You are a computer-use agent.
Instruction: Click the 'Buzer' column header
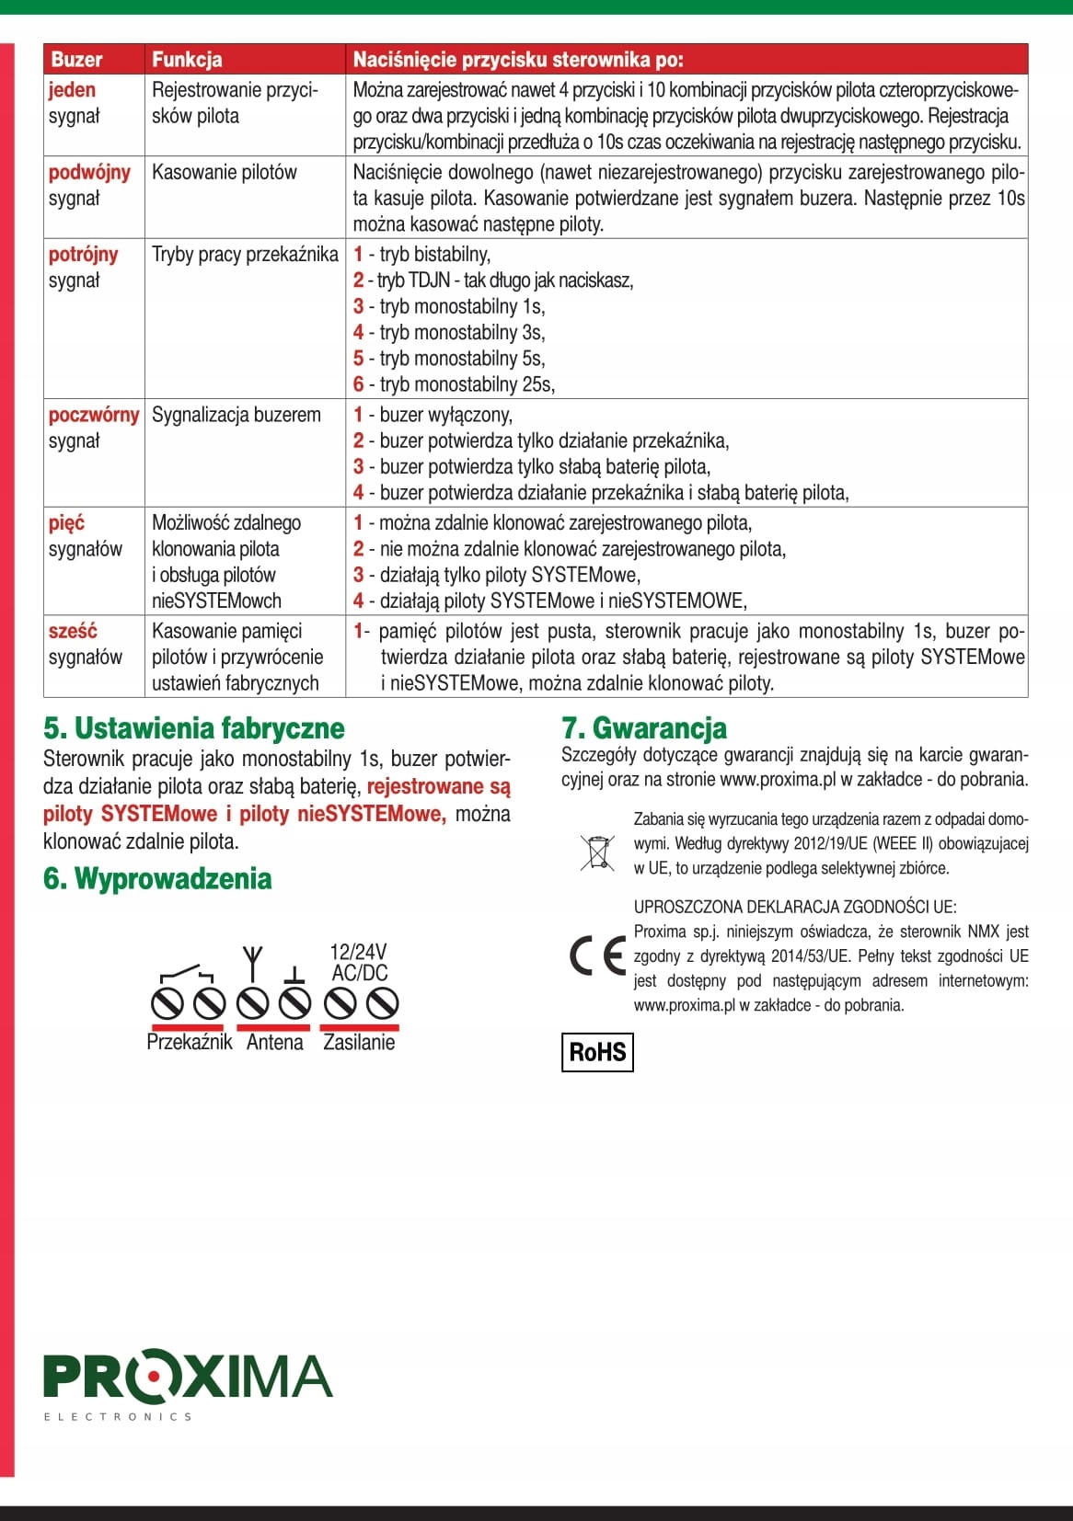pyautogui.click(x=76, y=60)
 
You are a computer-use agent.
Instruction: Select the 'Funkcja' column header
pyautogui.click(x=187, y=60)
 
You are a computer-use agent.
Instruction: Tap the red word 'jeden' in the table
pyautogui.click(x=73, y=90)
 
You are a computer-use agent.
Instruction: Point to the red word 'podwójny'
pyautogui.click(x=89, y=173)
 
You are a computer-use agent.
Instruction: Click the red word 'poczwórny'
pyautogui.click(x=94, y=415)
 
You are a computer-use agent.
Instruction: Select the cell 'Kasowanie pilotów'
pyautogui.click(x=225, y=173)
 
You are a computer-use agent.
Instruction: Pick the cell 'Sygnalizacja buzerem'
pyautogui.click(x=237, y=415)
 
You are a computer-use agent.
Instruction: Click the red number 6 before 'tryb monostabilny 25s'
pyautogui.click(x=359, y=384)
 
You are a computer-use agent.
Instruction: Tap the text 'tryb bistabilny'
pyautogui.click(x=434, y=255)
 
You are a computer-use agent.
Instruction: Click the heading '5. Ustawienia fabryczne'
pyautogui.click(x=194, y=728)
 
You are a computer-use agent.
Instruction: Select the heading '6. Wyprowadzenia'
pyautogui.click(x=157, y=879)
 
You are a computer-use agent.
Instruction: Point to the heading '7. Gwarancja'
pyautogui.click(x=644, y=728)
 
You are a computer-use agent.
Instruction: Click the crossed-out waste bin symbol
pyautogui.click(x=597, y=852)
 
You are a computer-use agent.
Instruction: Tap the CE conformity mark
pyautogui.click(x=597, y=956)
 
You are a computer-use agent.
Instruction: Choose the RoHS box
pyautogui.click(x=597, y=1052)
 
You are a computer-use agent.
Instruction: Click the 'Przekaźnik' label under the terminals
pyautogui.click(x=190, y=1043)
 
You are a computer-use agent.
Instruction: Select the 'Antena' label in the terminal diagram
pyautogui.click(x=274, y=1043)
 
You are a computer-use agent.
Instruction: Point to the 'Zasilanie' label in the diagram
pyautogui.click(x=359, y=1043)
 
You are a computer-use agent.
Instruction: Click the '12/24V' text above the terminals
pyautogui.click(x=359, y=952)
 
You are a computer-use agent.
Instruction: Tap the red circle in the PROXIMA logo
pyautogui.click(x=154, y=1376)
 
